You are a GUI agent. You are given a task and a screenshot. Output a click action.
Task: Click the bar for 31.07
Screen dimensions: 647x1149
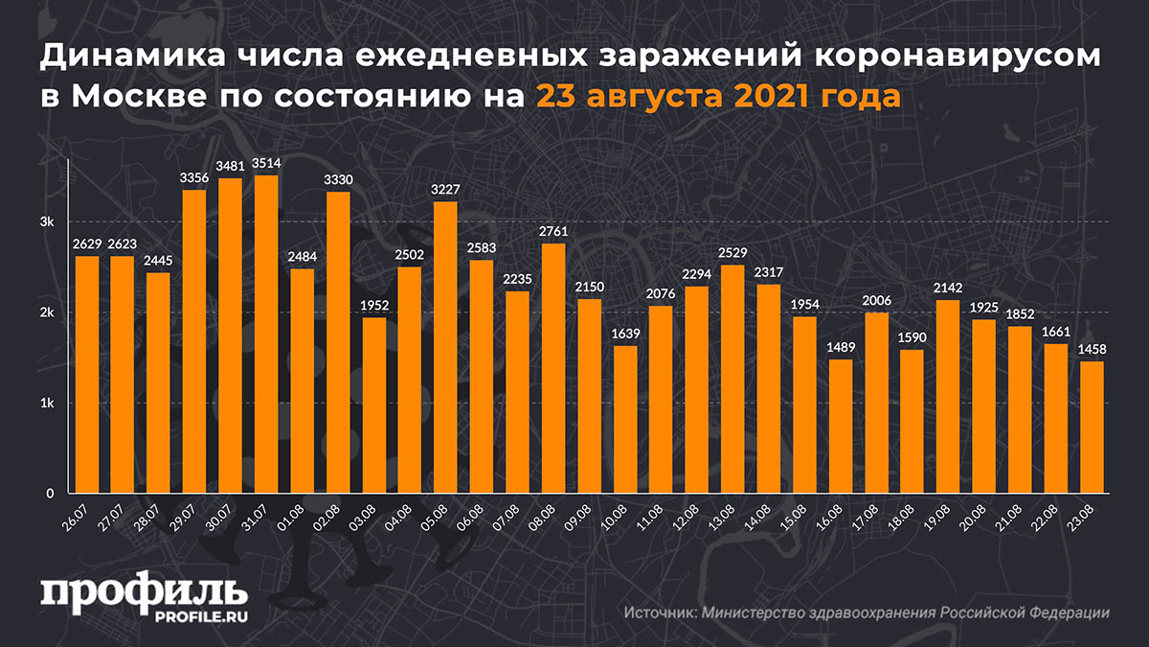tap(266, 335)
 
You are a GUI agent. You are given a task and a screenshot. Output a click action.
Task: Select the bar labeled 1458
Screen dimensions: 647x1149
tap(1092, 427)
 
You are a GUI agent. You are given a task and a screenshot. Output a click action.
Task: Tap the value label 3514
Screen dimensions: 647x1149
tap(266, 165)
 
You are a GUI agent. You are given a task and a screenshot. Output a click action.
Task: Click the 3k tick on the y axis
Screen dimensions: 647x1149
tap(46, 222)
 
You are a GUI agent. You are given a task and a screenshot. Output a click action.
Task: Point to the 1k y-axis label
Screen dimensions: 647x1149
tap(46, 404)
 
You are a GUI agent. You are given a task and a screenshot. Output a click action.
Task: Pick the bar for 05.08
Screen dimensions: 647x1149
tap(445, 348)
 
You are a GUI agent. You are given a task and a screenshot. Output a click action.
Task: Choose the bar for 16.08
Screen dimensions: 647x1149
tap(840, 427)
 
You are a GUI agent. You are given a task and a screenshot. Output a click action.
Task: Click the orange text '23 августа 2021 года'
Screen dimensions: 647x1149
tap(717, 97)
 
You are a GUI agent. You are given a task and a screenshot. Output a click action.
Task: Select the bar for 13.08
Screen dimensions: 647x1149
tap(732, 380)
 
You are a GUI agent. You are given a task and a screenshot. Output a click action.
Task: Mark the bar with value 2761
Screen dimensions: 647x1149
tap(553, 369)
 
